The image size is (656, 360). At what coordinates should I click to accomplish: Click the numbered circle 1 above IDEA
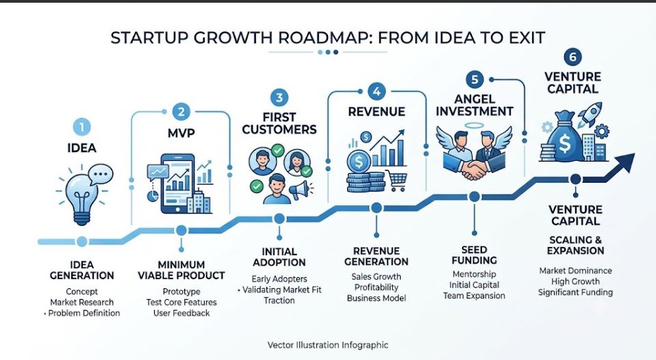click(x=82, y=127)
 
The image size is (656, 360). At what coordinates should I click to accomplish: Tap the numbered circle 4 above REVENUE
click(x=377, y=91)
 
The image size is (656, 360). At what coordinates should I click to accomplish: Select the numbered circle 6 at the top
click(x=572, y=57)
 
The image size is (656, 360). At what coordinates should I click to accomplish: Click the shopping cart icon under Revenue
click(x=395, y=181)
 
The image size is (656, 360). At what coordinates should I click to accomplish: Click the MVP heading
click(x=181, y=133)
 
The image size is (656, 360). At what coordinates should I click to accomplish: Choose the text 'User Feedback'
click(x=181, y=313)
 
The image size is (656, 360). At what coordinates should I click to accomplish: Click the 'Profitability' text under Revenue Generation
click(x=377, y=287)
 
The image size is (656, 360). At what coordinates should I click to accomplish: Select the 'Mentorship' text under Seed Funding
click(x=474, y=274)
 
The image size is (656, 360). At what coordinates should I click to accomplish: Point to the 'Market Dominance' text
click(x=576, y=271)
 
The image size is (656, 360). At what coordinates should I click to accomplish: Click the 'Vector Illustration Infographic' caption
click(x=328, y=345)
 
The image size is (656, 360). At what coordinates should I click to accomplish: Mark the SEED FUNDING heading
click(x=474, y=255)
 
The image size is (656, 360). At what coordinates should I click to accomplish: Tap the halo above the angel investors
click(x=474, y=125)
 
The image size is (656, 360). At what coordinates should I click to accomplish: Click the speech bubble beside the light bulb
click(x=101, y=174)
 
